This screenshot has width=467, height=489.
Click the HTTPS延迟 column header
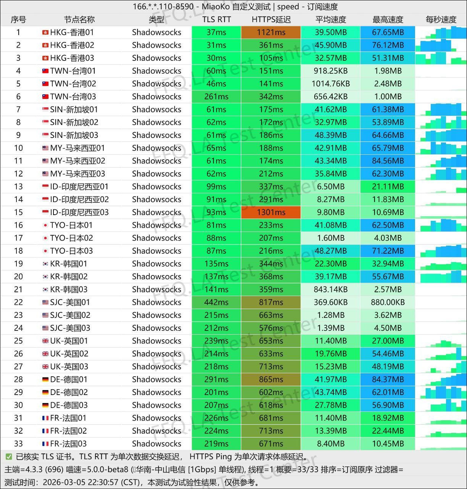point(271,19)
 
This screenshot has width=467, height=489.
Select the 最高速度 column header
point(388,19)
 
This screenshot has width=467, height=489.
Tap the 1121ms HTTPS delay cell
point(271,32)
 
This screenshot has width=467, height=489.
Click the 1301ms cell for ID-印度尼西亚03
point(271,212)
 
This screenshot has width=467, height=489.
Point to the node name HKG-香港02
point(72,45)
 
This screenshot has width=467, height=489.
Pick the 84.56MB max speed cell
point(388,161)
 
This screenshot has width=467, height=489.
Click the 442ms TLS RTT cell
point(216,302)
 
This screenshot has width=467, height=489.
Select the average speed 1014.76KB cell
point(331,84)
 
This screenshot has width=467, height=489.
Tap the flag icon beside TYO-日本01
point(45,225)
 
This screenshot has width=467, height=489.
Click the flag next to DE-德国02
point(45,392)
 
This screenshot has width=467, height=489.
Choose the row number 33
point(18,444)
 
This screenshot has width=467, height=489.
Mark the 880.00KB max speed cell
point(388,302)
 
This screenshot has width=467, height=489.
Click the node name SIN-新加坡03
point(74,135)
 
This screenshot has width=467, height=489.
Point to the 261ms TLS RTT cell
point(216,97)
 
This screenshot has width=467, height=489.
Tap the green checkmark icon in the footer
point(8,457)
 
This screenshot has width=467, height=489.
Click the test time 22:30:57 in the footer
point(103,482)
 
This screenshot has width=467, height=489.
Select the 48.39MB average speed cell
point(331,135)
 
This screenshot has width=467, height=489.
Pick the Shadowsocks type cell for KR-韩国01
point(157,264)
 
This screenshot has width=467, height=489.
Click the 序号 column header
point(18,19)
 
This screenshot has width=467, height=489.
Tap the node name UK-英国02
point(69,354)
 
